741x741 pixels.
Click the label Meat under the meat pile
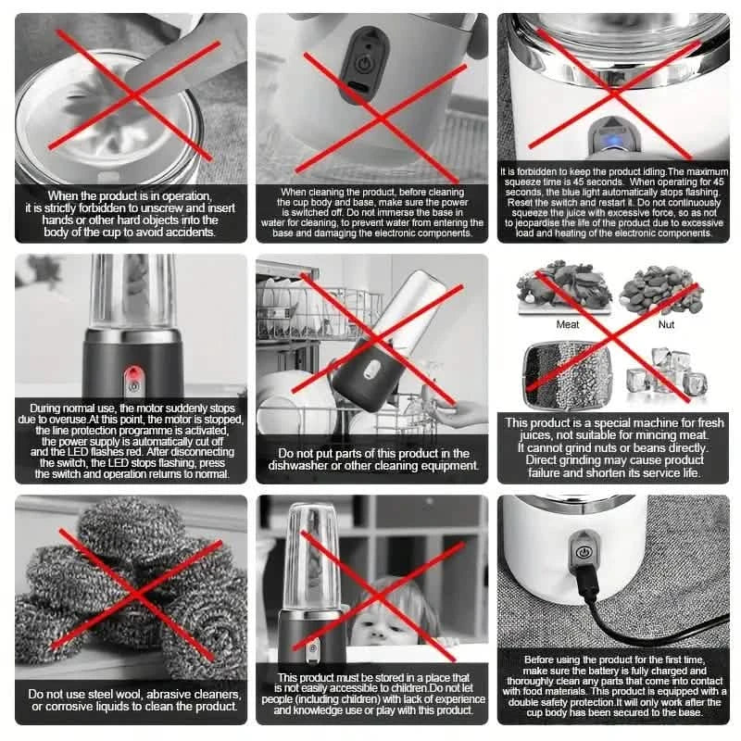[568, 325]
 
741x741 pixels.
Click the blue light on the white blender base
[608, 142]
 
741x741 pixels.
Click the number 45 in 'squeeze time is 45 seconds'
[566, 182]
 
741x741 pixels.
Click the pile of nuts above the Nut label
[660, 289]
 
